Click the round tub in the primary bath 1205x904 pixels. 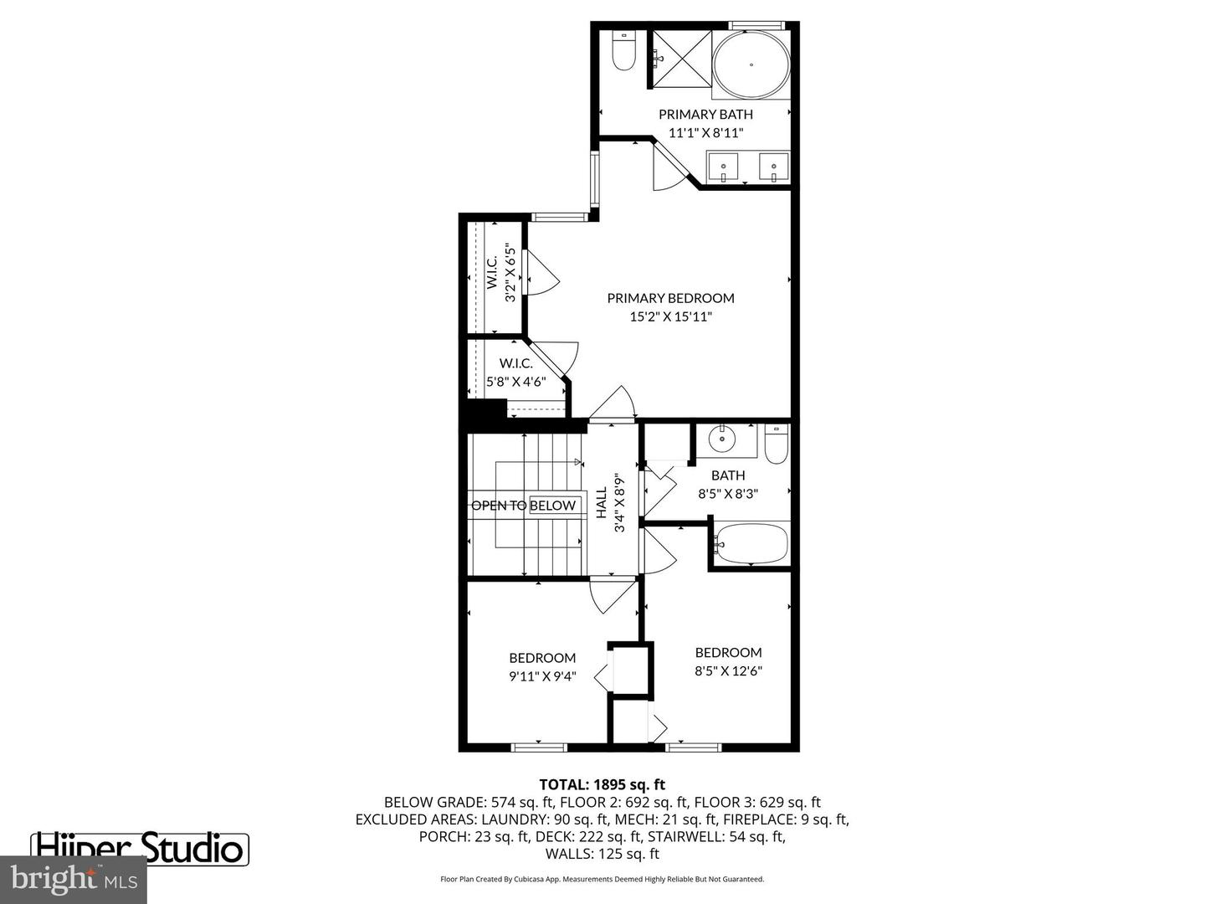pyautogui.click(x=751, y=64)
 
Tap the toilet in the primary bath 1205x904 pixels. pyautogui.click(x=624, y=52)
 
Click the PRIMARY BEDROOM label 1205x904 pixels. pyautogui.click(x=670, y=298)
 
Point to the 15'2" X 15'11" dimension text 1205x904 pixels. pyautogui.click(x=670, y=317)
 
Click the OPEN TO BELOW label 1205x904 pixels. pyautogui.click(x=524, y=506)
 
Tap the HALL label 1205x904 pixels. pyautogui.click(x=602, y=503)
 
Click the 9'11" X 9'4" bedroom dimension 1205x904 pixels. pyautogui.click(x=542, y=676)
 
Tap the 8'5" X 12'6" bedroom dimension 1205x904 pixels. pyautogui.click(x=728, y=670)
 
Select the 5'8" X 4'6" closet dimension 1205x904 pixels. pyautogui.click(x=515, y=381)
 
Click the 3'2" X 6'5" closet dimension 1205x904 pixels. pyautogui.click(x=510, y=273)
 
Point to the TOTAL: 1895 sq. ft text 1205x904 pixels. pyautogui.click(x=602, y=784)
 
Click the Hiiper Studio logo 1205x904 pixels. pyautogui.click(x=140, y=848)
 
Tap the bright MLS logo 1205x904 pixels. pyautogui.click(x=73, y=880)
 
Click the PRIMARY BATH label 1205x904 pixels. pyautogui.click(x=705, y=115)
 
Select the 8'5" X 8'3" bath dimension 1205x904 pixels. pyautogui.click(x=727, y=494)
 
